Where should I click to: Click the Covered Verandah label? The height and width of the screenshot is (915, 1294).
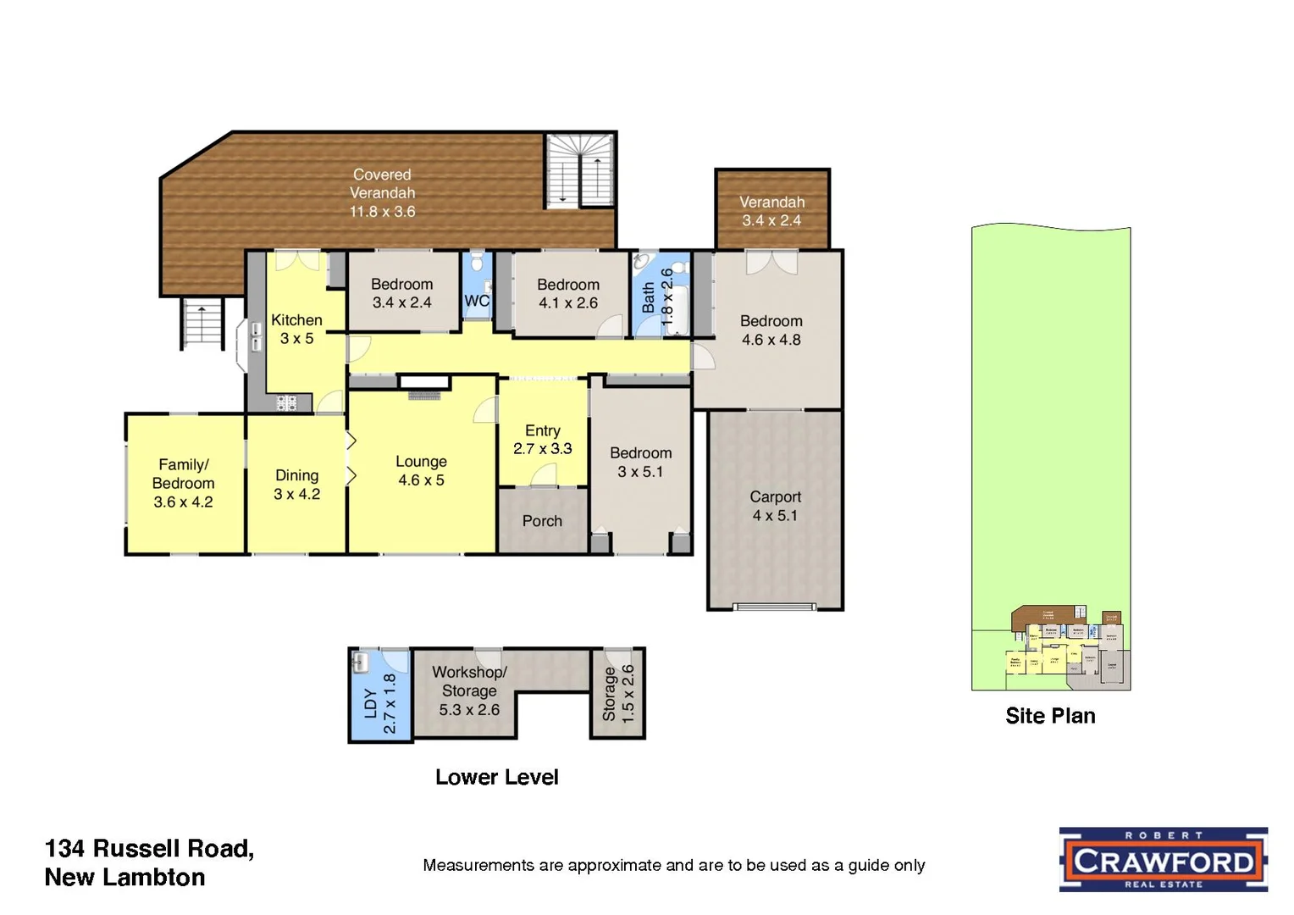click(383, 193)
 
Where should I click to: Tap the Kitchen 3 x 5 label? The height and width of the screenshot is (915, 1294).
click(296, 329)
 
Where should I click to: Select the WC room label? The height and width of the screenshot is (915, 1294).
click(477, 301)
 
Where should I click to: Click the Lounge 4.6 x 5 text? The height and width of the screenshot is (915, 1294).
click(421, 470)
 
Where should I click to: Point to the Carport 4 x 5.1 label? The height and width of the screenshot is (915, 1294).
click(775, 506)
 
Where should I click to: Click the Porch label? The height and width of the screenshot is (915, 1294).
click(542, 521)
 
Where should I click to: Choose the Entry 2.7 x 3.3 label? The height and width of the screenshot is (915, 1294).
click(543, 440)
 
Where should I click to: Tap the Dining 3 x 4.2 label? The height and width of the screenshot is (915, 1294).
click(296, 485)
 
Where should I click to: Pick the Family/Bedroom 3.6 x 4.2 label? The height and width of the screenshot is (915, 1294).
click(183, 483)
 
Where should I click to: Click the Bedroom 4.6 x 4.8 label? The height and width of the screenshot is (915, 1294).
click(771, 330)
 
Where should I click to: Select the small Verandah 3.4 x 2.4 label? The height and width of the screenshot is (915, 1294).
click(771, 211)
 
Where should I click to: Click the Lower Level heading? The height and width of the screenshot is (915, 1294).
click(496, 777)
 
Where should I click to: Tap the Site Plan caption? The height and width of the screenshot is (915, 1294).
click(1050, 716)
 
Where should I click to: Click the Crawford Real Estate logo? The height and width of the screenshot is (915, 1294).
click(1164, 860)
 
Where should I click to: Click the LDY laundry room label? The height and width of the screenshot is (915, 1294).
click(379, 703)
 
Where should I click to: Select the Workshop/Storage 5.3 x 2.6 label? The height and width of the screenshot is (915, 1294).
click(469, 690)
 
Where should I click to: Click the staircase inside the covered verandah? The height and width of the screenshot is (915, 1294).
click(579, 170)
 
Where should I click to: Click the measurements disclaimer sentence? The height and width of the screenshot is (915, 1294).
click(673, 865)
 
